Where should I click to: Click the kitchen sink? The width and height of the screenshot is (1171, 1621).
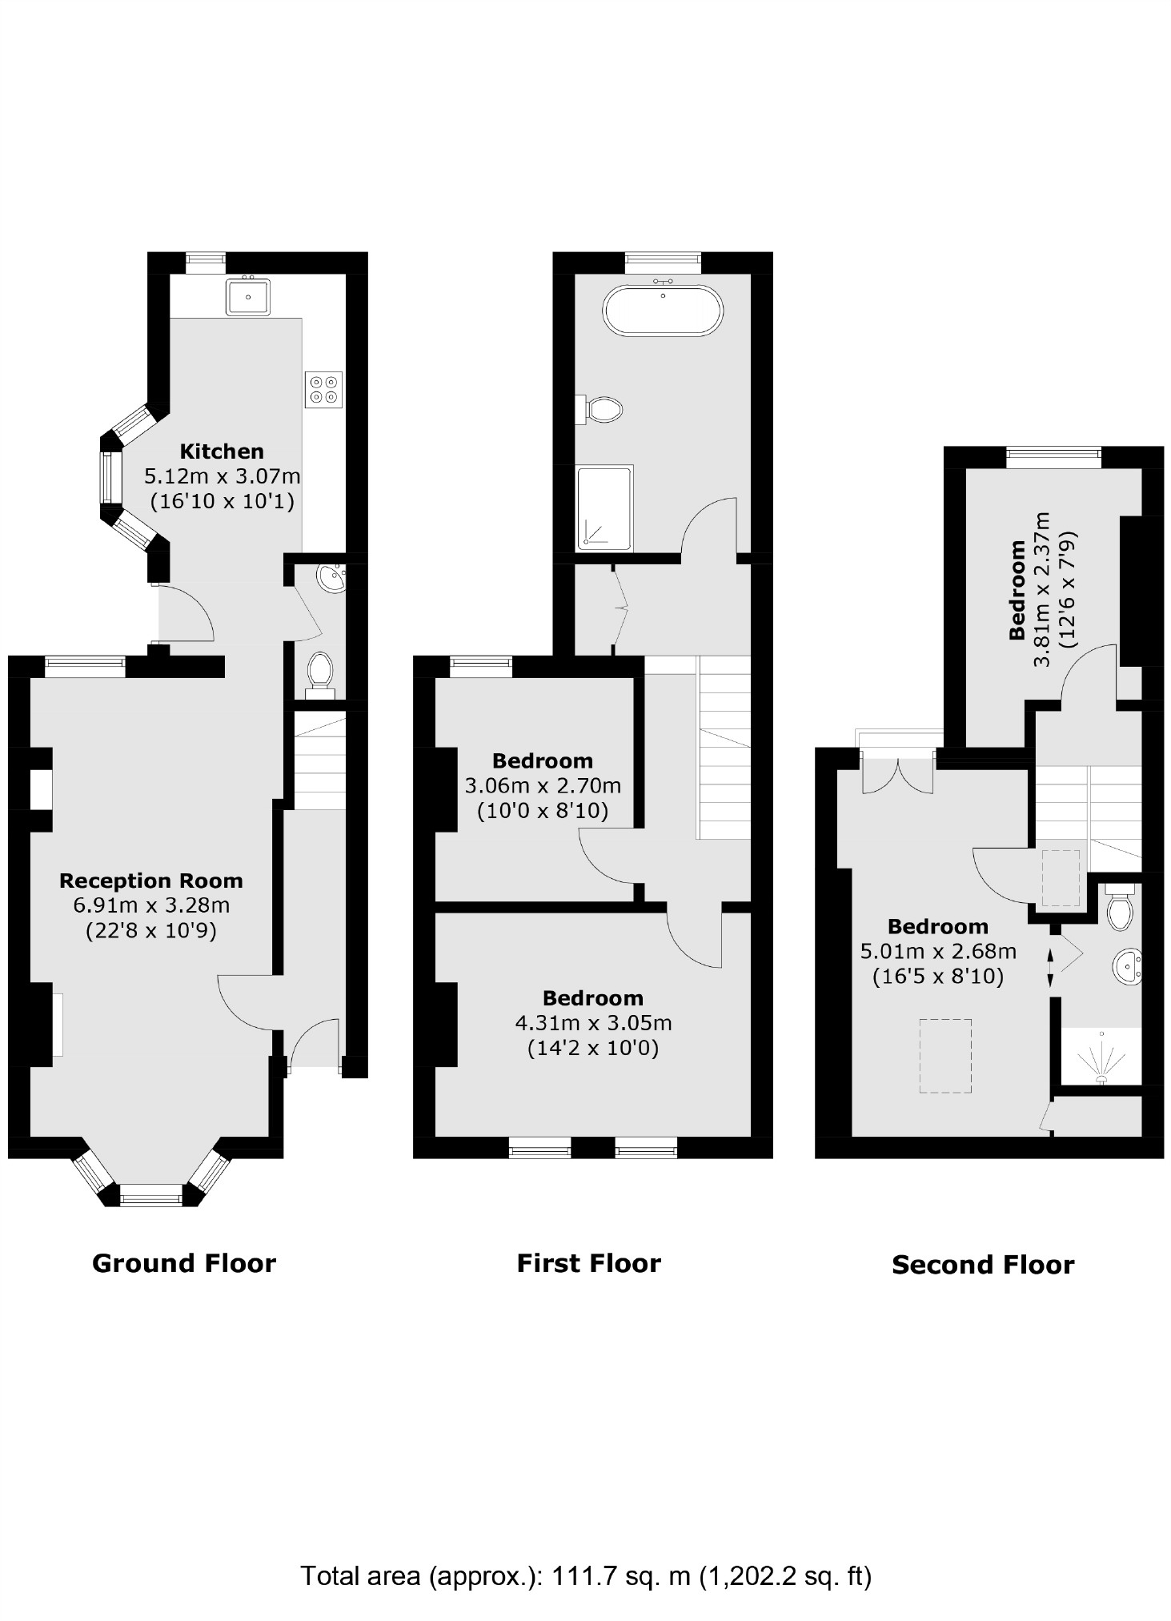coord(248,295)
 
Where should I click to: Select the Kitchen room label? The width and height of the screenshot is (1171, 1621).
coord(222,451)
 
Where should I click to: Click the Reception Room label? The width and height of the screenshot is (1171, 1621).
coord(150,881)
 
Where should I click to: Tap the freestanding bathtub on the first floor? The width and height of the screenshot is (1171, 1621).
coord(663,311)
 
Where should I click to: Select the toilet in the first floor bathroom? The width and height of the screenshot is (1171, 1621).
coord(602,409)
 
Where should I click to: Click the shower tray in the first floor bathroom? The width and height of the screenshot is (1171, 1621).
coord(605,509)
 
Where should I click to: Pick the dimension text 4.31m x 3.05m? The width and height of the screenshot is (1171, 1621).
coord(593,1022)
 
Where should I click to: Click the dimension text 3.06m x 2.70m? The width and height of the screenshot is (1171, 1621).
coord(543,785)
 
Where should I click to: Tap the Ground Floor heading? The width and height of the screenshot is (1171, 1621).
coord(184,1262)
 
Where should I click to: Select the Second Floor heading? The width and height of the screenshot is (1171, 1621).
coord(982,1264)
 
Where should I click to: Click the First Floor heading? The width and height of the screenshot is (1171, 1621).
coord(588,1262)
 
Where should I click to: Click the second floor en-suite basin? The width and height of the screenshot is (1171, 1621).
coord(1127,967)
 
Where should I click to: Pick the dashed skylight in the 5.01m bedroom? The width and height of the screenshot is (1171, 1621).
coord(945,1055)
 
